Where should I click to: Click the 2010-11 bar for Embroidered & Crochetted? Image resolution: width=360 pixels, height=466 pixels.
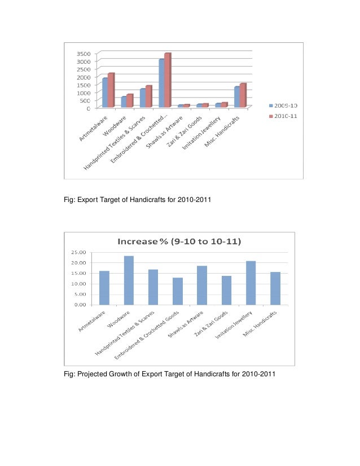[167, 80]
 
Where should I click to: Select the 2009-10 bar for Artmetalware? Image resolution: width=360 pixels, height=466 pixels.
[105, 93]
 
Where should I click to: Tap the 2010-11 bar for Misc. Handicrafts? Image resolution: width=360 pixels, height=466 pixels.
[243, 95]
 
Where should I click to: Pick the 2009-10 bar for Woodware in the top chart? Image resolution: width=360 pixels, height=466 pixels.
[124, 102]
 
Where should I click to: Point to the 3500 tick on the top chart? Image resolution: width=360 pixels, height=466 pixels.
[82, 53]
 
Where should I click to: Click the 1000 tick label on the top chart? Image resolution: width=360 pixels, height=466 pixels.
[82, 93]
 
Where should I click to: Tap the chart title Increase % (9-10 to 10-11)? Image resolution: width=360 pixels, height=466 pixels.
[179, 242]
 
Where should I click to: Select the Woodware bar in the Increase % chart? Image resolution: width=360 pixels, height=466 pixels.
[129, 280]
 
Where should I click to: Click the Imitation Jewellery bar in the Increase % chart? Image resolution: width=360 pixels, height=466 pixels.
[251, 283]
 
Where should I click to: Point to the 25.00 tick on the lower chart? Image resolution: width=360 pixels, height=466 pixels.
[78, 252]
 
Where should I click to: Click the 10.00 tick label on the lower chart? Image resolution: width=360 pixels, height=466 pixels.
[78, 284]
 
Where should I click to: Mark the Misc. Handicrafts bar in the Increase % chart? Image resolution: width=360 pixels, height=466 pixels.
[275, 288]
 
